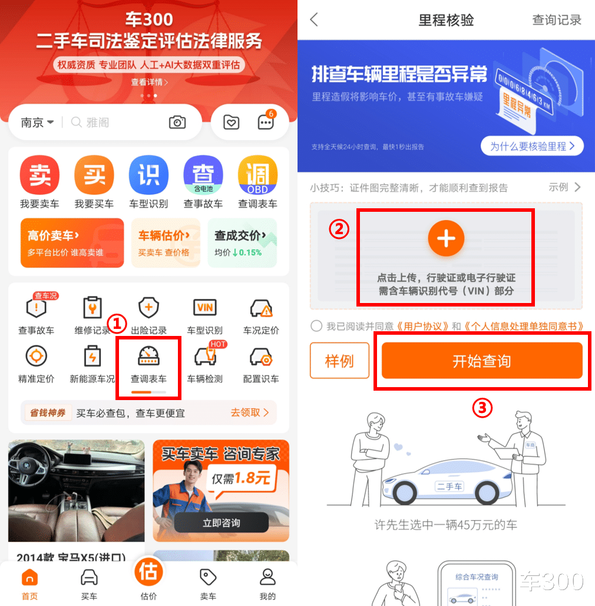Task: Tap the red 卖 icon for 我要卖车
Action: point(39,175)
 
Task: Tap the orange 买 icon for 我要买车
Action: point(94,175)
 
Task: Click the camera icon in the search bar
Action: point(177,122)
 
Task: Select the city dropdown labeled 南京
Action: point(37,122)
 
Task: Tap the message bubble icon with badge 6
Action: point(266,121)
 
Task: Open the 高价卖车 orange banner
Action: point(72,243)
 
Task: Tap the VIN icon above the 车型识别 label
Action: point(204,308)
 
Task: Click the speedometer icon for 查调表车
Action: point(148,355)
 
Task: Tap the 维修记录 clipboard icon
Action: point(92,308)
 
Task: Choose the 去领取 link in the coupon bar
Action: point(250,413)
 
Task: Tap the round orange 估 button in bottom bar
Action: point(148,572)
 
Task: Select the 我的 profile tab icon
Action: point(267,577)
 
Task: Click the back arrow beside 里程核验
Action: point(315,19)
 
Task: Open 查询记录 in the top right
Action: point(557,20)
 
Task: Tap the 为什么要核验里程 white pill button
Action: point(532,146)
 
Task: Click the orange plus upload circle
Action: point(446,238)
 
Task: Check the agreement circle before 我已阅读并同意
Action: point(316,326)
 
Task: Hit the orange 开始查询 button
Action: point(482,361)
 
